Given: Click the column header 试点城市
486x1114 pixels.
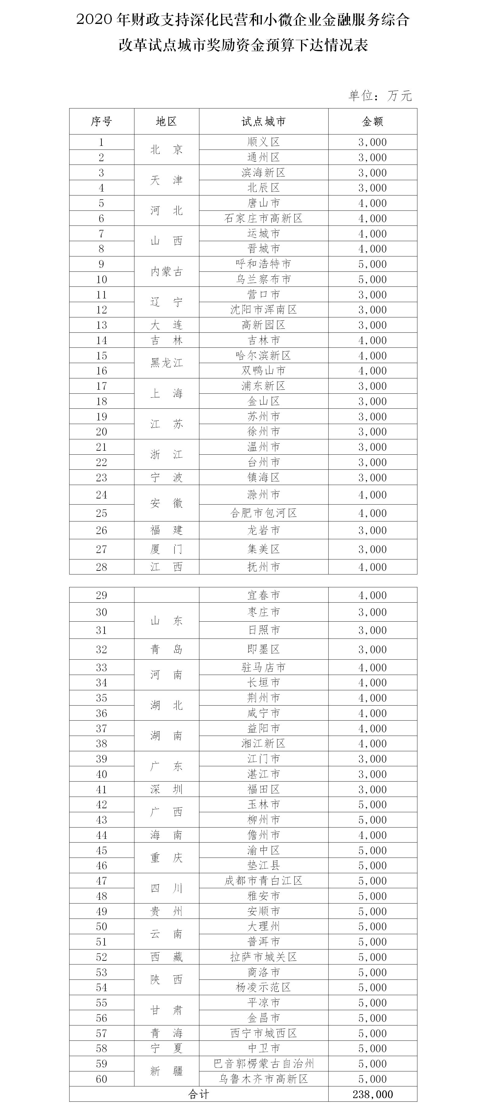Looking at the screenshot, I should (263, 122).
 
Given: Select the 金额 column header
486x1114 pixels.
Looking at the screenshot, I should (372, 122).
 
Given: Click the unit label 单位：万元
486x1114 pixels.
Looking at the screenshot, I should (380, 96).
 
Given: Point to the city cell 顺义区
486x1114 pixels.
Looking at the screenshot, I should (263, 142).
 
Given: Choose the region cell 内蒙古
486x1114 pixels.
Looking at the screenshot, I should (167, 271).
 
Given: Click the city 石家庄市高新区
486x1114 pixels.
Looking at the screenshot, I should (263, 218).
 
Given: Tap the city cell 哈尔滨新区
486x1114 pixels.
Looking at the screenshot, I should (263, 355).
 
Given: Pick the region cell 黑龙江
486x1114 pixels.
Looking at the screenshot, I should (167, 363).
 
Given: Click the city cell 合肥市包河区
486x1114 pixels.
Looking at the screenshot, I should (263, 513).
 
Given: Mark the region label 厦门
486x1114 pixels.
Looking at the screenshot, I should (167, 549).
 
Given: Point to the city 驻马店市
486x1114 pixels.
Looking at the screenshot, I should (263, 667).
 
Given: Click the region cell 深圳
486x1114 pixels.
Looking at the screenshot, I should (167, 789).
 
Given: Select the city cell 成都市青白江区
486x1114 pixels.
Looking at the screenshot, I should (263, 881).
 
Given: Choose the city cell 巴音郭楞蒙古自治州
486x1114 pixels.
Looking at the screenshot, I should (263, 1063).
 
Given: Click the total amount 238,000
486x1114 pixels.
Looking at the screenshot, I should (372, 1094).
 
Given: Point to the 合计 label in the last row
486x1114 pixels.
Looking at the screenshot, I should (198, 1094).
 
